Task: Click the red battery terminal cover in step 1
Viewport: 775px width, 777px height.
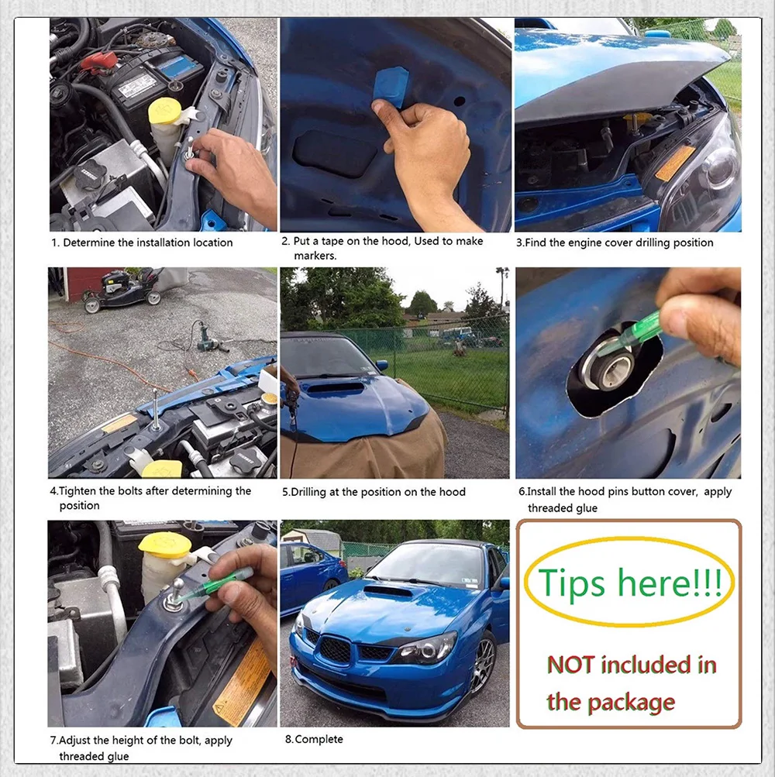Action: (x=98, y=63)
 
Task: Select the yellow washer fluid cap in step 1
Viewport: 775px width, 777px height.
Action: (x=166, y=111)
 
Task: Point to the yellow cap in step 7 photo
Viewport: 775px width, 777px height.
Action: (x=164, y=545)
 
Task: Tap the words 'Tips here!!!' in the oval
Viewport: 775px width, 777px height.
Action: (x=629, y=583)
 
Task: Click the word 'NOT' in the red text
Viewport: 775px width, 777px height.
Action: (x=570, y=665)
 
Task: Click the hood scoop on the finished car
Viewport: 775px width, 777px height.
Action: (x=387, y=590)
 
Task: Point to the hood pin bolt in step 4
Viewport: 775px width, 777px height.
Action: (x=156, y=410)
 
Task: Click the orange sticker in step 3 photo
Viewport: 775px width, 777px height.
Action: (x=675, y=163)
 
